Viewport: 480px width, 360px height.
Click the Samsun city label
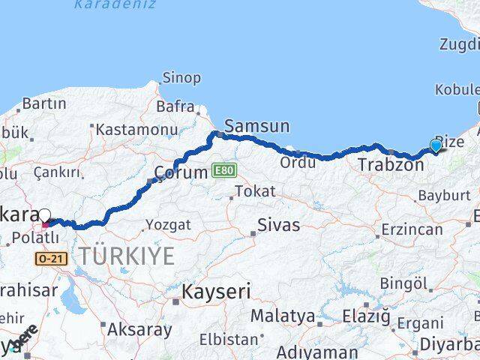(x=256, y=126)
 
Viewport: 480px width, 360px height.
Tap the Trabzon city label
(x=391, y=164)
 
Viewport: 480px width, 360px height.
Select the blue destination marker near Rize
(x=436, y=145)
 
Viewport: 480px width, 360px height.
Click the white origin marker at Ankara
(x=45, y=215)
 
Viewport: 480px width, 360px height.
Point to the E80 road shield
(x=223, y=171)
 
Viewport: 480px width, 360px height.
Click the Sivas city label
(x=278, y=225)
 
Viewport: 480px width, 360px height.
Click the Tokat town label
(x=254, y=191)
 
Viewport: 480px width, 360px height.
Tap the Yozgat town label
(x=168, y=224)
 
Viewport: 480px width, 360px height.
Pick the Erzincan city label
(x=412, y=229)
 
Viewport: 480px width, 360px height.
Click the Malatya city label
(x=283, y=315)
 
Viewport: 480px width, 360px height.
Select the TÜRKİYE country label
(x=127, y=256)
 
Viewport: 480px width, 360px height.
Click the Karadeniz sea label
(x=115, y=4)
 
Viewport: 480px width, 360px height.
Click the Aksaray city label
(x=139, y=328)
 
